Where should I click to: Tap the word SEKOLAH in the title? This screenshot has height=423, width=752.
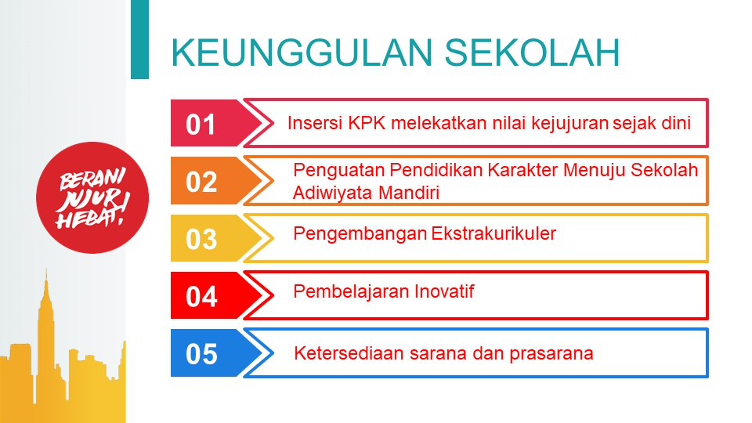coord(533,52)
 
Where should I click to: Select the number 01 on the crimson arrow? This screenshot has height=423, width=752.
coord(201,125)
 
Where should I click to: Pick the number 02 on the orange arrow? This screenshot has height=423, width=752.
coord(201,182)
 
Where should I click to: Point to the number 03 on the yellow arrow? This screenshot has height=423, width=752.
coord(201,239)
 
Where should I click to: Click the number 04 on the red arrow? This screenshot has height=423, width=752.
coord(201,296)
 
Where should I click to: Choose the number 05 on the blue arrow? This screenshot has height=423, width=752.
coord(201,354)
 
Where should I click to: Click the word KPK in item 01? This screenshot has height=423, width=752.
coord(367,123)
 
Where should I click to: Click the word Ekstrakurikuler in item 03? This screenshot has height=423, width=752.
coord(493,233)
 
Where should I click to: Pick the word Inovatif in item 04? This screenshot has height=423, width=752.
coord(444,291)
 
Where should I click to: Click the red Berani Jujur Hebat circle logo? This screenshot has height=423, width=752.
coord(92,197)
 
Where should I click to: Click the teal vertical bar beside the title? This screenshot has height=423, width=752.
coord(139,39)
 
